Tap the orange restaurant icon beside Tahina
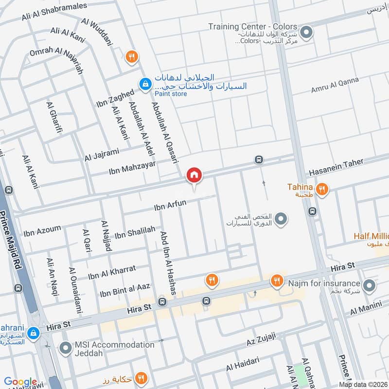pyautogui.click(x=321, y=189)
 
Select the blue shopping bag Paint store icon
pyautogui.click(x=144, y=84)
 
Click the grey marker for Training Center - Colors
pyautogui.click(x=306, y=33)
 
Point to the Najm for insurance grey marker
pyautogui.click(x=369, y=284)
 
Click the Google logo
pyautogui.click(x=21, y=382)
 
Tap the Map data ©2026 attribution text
pyautogui.click(x=363, y=384)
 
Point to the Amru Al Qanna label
pyautogui.click(x=335, y=86)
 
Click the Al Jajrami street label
pyautogui.click(x=101, y=155)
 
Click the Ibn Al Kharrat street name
pyautogui.click(x=111, y=272)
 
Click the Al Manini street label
pyautogui.click(x=367, y=308)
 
